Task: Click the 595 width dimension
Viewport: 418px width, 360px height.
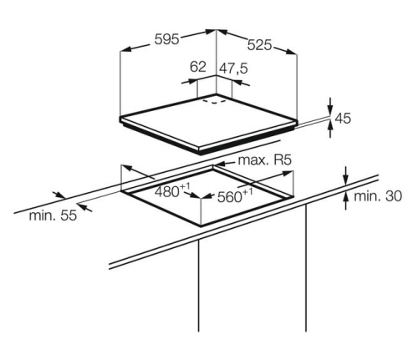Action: [166, 39]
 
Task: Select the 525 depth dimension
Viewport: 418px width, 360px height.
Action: [259, 45]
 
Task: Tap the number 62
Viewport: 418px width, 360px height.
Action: [198, 67]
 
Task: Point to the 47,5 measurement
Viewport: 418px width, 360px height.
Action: [233, 68]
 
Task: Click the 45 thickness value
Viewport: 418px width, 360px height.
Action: [343, 118]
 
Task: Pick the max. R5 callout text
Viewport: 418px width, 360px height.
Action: [265, 160]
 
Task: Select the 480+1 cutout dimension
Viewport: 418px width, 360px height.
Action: [172, 190]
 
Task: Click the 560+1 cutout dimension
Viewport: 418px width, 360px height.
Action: [235, 195]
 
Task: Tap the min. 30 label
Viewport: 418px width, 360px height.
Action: [378, 196]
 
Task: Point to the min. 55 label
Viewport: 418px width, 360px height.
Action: [53, 215]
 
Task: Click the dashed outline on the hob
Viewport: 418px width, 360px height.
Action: [214, 102]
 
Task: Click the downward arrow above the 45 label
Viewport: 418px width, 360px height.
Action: [330, 106]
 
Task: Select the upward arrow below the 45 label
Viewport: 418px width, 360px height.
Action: [330, 129]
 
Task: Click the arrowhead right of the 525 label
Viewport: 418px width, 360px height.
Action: [289, 52]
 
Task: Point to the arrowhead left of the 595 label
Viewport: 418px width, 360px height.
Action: [126, 49]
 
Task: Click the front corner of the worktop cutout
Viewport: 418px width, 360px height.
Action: [201, 226]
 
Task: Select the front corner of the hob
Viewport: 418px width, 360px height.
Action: [200, 152]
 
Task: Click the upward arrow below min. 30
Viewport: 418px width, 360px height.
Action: [346, 200]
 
